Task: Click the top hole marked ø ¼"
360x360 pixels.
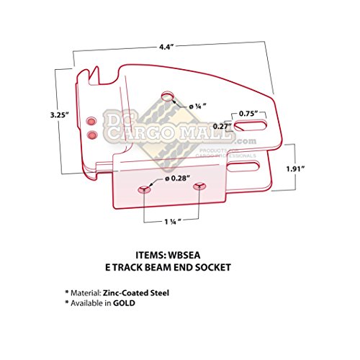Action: [x=168, y=96]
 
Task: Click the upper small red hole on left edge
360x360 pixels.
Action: [x=91, y=120]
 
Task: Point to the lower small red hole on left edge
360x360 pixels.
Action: [x=91, y=134]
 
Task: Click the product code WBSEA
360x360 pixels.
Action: [x=202, y=254]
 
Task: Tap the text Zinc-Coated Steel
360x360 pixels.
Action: [x=141, y=294]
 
